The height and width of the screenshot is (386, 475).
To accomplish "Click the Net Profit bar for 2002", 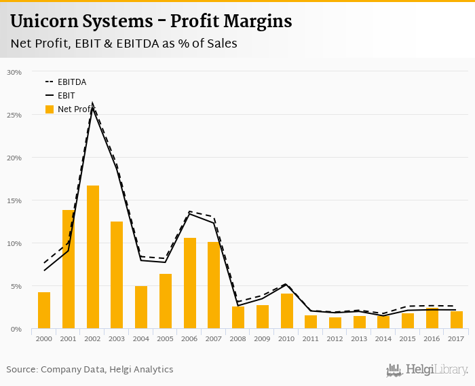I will pos(93,258).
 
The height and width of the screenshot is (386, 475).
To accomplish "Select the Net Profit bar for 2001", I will pos(69,270).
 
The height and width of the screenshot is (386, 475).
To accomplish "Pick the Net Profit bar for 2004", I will pos(141,307).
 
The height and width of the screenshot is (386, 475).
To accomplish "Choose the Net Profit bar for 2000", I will pos(44,311).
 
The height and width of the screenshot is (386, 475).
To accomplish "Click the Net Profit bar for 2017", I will pos(457,320).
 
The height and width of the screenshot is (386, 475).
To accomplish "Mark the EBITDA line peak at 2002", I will pos(93,104).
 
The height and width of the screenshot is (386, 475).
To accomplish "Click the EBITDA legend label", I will pos(72,82).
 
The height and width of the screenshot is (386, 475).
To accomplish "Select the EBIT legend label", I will pos(66,96).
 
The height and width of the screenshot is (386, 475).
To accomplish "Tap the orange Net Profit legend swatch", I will pos(49,109).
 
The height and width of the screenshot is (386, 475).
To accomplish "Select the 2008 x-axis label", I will pos(238,339).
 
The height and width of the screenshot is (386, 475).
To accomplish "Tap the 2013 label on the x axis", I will pos(360,339).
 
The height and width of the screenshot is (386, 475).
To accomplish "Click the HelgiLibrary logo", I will pos(427,370).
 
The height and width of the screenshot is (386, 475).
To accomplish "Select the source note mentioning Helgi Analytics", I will pos(90,369).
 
